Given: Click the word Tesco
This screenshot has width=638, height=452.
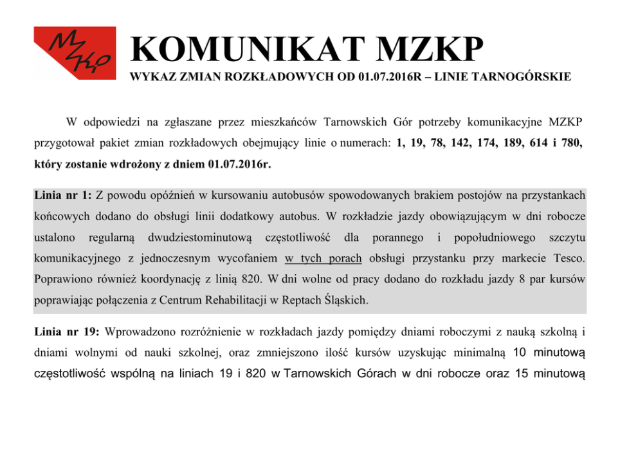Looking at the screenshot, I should tap(568, 258).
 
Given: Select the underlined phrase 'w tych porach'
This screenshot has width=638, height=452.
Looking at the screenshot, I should tap(322, 258).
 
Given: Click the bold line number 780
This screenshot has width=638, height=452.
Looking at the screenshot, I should tap(572, 142).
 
